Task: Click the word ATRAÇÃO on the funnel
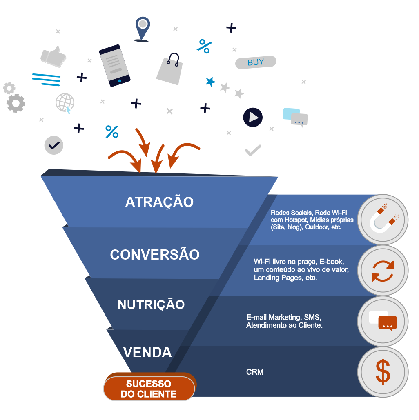[x=159, y=202]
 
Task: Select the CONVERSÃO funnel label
[x=155, y=254]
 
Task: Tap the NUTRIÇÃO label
[x=151, y=304]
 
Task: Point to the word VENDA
[x=147, y=352]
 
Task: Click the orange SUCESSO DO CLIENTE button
[x=149, y=389]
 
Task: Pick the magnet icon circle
[x=383, y=220]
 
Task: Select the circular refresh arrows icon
[x=383, y=271]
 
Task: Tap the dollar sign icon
[x=383, y=371]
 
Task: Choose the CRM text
[x=255, y=372]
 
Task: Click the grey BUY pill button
[x=256, y=62]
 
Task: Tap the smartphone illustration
[x=115, y=65]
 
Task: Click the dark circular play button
[x=253, y=118]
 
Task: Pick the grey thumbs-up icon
[x=54, y=56]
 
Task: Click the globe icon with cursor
[x=65, y=103]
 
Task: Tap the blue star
[x=210, y=82]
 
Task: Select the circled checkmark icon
[x=54, y=145]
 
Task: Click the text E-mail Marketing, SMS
[x=284, y=317]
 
